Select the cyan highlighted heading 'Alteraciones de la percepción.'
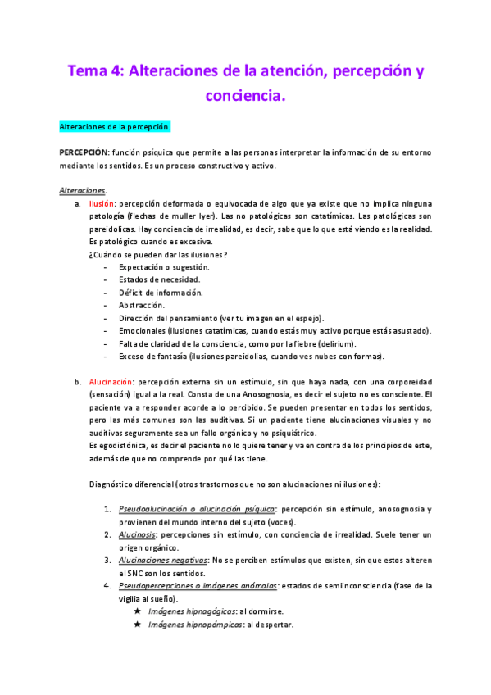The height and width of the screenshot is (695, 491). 116,127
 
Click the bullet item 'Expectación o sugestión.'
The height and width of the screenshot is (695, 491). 164,267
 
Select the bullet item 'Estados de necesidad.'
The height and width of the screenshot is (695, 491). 159,279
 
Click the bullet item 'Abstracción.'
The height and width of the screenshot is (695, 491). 142,305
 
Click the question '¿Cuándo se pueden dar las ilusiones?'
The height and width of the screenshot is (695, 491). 158,254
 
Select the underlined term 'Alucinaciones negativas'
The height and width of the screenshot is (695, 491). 162,560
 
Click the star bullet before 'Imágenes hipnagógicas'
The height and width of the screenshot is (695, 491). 137,611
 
